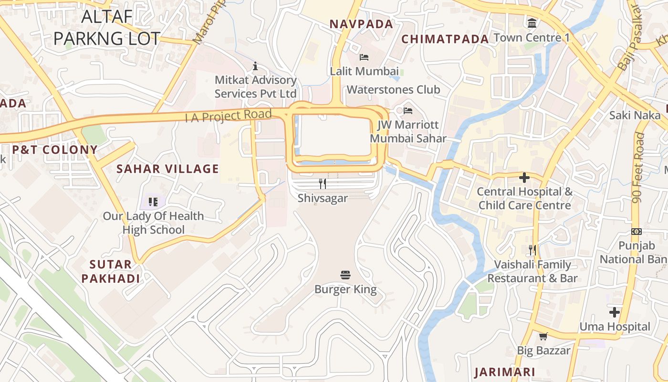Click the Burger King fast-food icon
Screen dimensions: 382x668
point(345,275)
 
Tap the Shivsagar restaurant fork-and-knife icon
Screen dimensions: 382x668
point(323,183)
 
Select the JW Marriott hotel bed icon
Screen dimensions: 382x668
point(408,111)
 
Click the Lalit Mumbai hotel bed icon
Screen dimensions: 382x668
point(364,57)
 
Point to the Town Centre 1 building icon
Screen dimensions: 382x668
point(532,22)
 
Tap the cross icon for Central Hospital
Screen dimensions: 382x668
point(524,178)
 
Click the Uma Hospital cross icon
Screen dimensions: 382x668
point(615,313)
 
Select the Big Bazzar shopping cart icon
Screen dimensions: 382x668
point(543,337)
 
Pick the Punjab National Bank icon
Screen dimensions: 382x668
point(637,232)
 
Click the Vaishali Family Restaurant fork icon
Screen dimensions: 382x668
point(532,250)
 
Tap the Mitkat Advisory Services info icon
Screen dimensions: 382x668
point(255,66)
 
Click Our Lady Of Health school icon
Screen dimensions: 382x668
point(153,202)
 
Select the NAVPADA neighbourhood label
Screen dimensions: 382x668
point(361,24)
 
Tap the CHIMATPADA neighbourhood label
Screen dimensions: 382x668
point(445,39)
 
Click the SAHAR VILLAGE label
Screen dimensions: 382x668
point(167,169)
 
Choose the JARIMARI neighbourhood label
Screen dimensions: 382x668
point(504,372)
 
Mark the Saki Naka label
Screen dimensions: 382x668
point(635,115)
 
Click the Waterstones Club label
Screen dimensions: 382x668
point(393,90)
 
